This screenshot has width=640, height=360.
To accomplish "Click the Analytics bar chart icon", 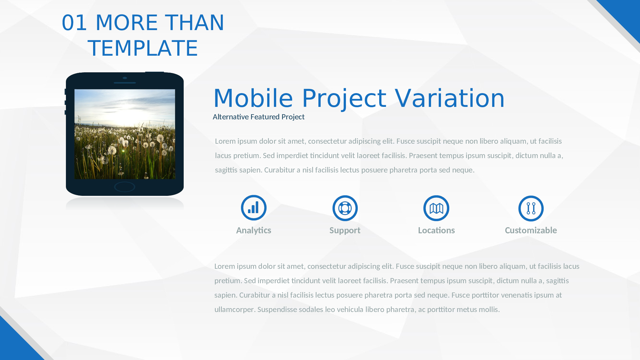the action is click(254, 208).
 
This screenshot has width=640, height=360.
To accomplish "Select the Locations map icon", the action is click(436, 208).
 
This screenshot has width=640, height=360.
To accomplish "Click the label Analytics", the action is click(253, 231).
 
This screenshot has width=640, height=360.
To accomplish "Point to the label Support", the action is click(345, 231).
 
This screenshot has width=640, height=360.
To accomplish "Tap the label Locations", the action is click(436, 230).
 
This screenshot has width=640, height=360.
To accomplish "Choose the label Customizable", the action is click(531, 230).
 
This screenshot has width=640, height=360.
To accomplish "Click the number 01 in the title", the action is click(74, 23).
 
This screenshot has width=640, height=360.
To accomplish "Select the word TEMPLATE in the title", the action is click(143, 48).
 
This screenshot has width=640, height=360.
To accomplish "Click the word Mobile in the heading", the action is click(253, 98).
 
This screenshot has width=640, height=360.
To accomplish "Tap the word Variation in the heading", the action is click(450, 98).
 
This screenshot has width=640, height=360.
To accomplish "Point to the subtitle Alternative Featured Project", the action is click(259, 117).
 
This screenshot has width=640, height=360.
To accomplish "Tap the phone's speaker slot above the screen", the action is click(125, 83).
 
